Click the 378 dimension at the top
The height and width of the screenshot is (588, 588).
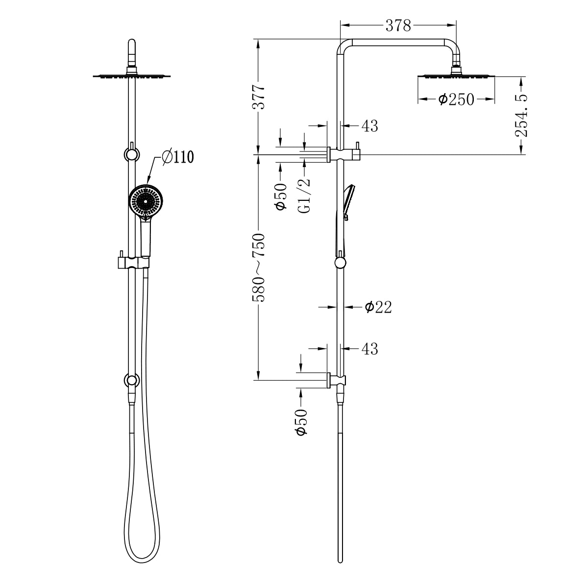398,25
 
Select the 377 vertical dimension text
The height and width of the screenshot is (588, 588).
259,97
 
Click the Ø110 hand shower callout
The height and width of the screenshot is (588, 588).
177,157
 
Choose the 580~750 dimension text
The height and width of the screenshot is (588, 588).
259,268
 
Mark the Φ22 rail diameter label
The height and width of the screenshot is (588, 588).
378,307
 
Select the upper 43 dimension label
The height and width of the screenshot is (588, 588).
370,126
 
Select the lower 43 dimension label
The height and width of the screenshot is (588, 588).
370,349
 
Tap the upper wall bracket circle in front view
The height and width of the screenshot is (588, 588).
131,154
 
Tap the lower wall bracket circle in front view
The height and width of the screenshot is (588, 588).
131,380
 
